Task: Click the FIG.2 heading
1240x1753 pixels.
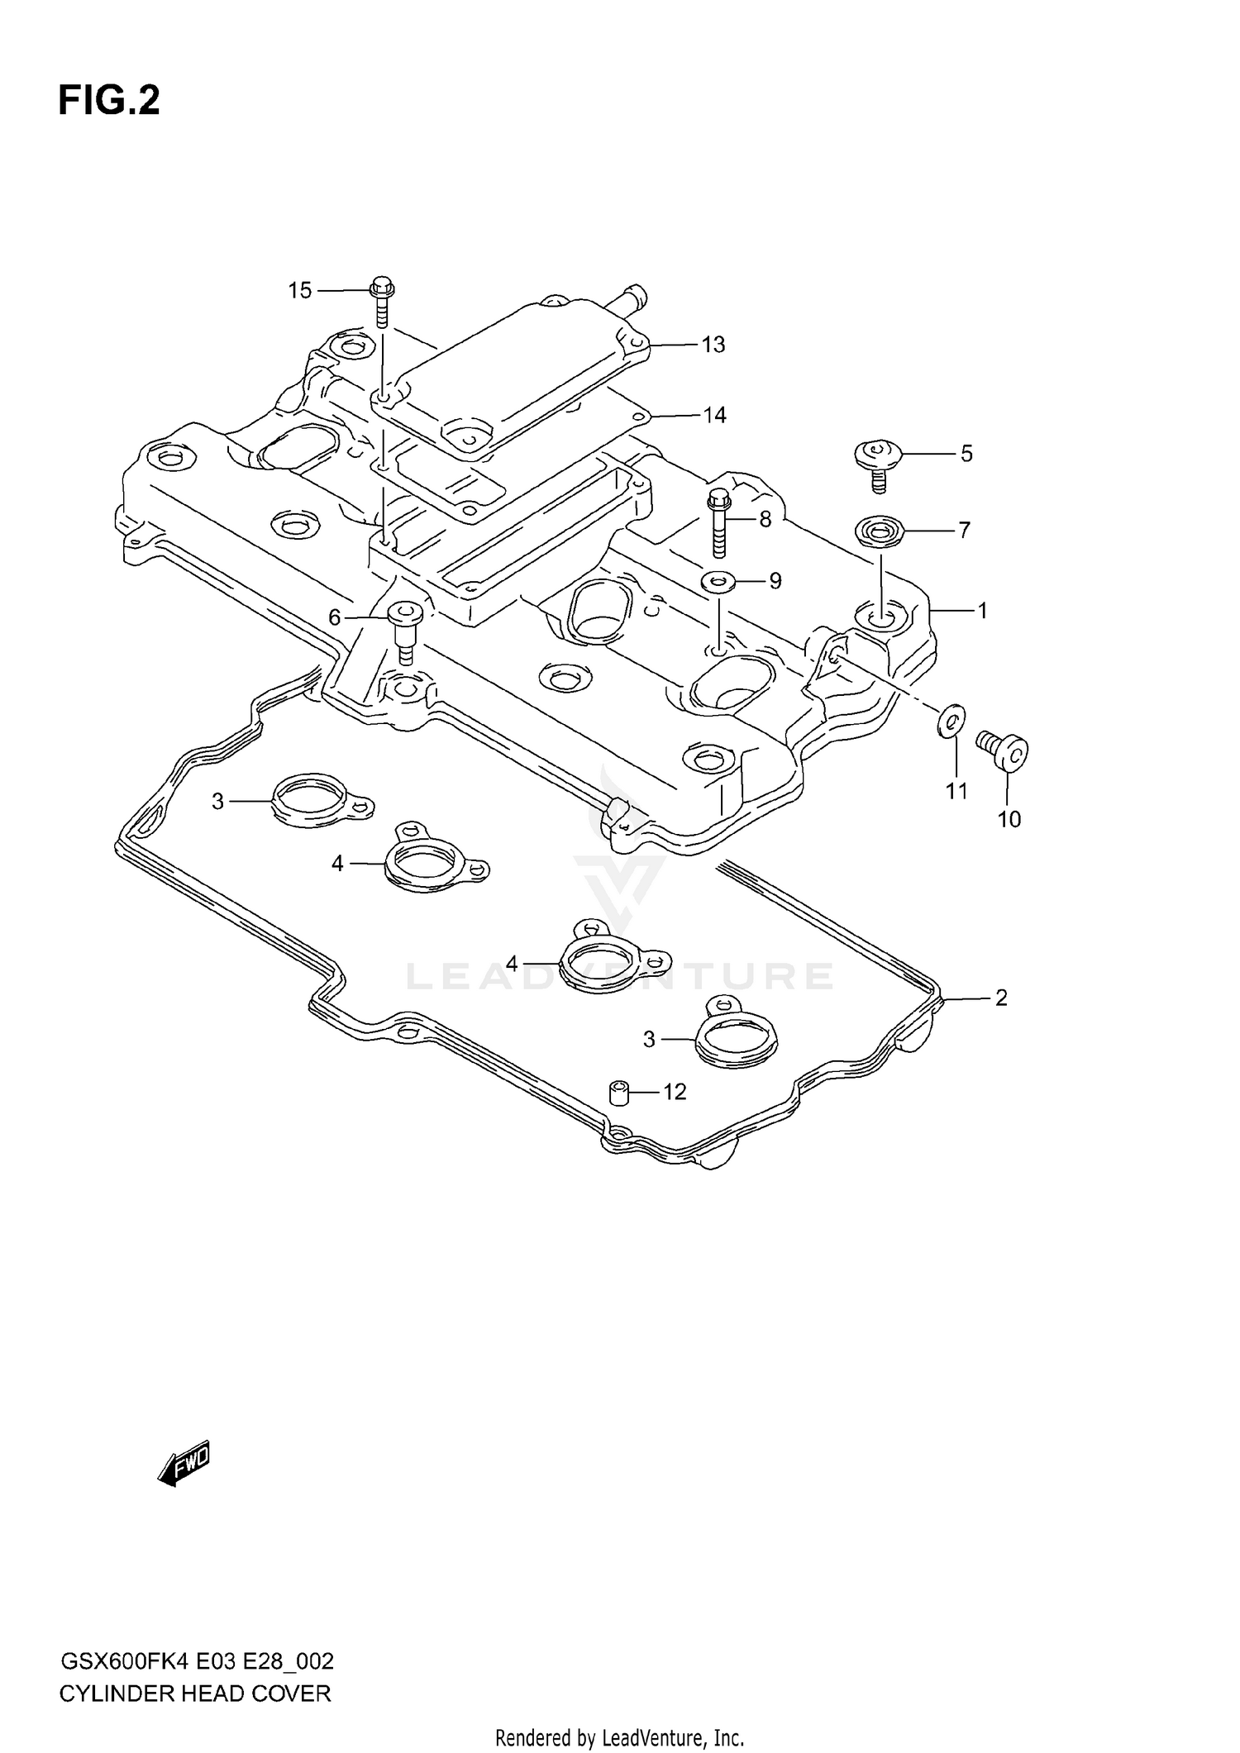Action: pyautogui.click(x=108, y=101)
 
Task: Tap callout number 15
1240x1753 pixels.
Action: pyautogui.click(x=300, y=291)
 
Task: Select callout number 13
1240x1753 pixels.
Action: pyautogui.click(x=713, y=345)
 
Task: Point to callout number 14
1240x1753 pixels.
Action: pyautogui.click(x=714, y=415)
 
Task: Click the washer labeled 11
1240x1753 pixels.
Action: pyautogui.click(x=951, y=718)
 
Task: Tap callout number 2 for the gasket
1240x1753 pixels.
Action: pyautogui.click(x=1001, y=998)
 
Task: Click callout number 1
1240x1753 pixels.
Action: pyautogui.click(x=982, y=611)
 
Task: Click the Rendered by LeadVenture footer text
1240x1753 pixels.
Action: pyautogui.click(x=619, y=1737)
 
